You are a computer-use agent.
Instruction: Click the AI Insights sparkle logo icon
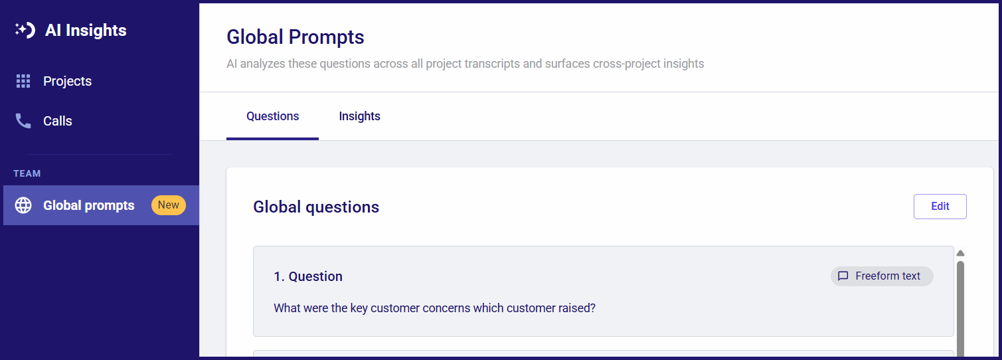click(25, 30)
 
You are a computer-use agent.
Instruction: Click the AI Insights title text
click(86, 31)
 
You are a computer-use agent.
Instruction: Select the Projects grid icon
click(23, 81)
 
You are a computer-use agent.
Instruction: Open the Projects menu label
click(68, 81)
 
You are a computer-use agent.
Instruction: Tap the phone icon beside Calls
click(23, 121)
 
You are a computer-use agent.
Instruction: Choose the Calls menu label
click(58, 121)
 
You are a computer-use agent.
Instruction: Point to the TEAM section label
click(27, 173)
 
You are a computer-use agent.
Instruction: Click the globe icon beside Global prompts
click(23, 205)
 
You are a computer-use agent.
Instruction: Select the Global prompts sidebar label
click(88, 205)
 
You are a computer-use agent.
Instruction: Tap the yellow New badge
click(169, 205)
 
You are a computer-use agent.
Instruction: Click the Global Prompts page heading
click(295, 37)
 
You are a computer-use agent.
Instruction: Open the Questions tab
click(272, 116)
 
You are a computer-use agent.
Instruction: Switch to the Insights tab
click(360, 116)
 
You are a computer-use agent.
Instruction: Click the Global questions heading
click(316, 207)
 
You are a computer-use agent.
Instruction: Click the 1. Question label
click(308, 276)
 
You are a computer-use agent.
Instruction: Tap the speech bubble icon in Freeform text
click(843, 276)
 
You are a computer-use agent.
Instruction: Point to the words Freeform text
click(888, 276)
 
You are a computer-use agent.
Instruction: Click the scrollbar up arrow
click(960, 253)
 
